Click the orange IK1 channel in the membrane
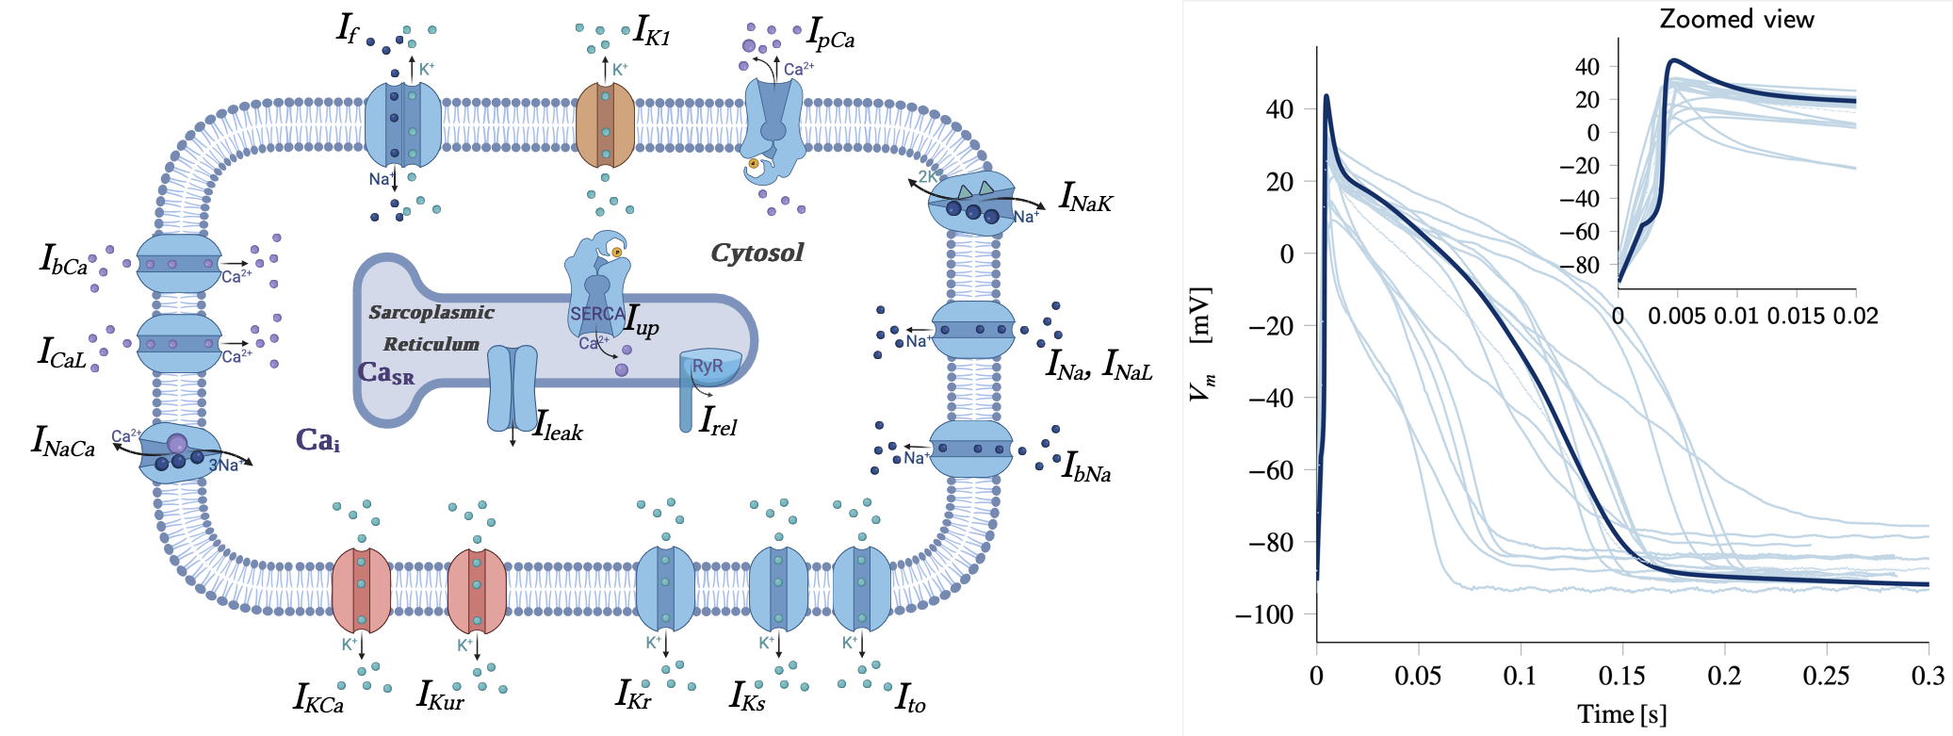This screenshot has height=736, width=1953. click(x=605, y=125)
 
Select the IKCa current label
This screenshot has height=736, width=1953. click(x=318, y=697)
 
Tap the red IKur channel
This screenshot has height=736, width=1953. click(x=476, y=591)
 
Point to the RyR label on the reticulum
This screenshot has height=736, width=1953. click(x=708, y=367)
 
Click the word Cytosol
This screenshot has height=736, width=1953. click(x=757, y=253)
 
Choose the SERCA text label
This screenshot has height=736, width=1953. click(x=596, y=314)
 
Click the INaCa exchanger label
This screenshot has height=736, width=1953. click(x=64, y=441)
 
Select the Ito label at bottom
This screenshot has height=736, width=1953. click(x=910, y=698)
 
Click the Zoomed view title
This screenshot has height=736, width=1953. click(x=1736, y=20)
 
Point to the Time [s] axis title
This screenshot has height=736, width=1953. click(x=1621, y=714)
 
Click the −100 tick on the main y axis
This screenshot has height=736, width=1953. click(x=1264, y=614)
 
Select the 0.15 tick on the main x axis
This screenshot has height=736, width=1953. click(x=1622, y=676)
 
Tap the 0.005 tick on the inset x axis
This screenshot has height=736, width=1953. click(x=1676, y=316)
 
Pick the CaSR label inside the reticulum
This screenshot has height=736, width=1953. click(x=385, y=373)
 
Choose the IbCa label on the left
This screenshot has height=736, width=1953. click(x=63, y=260)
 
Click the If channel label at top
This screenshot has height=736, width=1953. click(x=347, y=28)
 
